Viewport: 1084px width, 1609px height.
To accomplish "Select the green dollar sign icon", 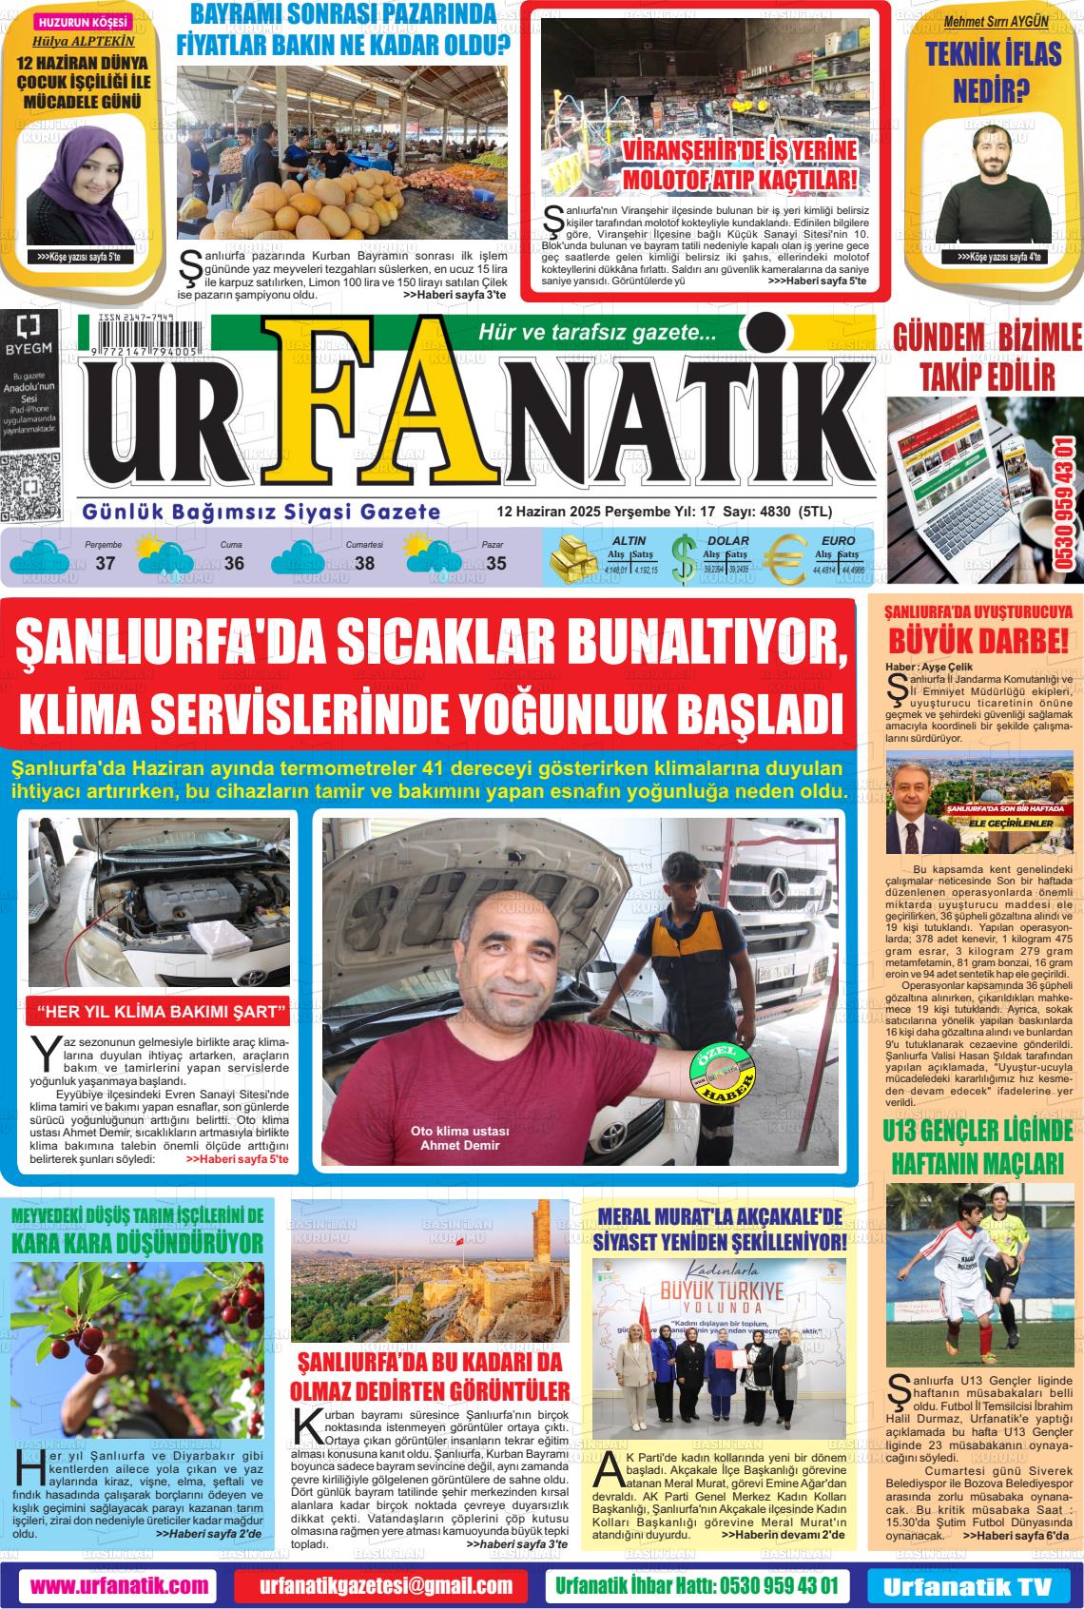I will (x=683, y=559).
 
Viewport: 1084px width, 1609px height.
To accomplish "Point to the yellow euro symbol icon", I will (x=785, y=559).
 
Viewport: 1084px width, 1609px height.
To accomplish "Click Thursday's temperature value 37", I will (x=105, y=564).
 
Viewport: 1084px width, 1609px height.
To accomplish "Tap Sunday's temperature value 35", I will (x=495, y=564).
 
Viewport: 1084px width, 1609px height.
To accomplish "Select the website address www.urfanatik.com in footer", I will (x=119, y=1585).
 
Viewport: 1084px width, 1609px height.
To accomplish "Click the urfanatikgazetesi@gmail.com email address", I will (x=386, y=1585).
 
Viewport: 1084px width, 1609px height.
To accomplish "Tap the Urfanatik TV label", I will (x=967, y=1586).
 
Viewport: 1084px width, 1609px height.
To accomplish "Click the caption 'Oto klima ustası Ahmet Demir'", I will (x=459, y=1138).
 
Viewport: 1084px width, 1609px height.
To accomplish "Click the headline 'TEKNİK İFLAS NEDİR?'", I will (x=993, y=72).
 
